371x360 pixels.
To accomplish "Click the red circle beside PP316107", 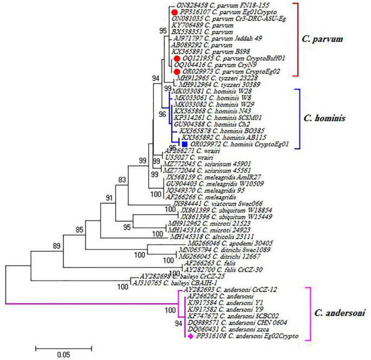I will pos(174,11).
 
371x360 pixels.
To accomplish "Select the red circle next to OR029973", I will pos(177,72).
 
